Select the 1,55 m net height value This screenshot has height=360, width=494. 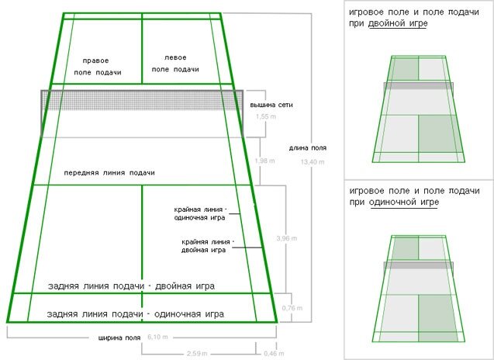[x=266, y=116]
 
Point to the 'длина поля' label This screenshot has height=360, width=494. [x=308, y=148]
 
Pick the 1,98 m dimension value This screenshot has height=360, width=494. [x=266, y=160]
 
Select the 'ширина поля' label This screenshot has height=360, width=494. [x=119, y=337]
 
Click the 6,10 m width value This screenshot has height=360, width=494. [x=158, y=337]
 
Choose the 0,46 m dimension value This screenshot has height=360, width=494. [x=274, y=353]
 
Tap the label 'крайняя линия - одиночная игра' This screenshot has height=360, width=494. [x=200, y=214]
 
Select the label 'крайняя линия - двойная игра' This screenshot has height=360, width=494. [x=204, y=246]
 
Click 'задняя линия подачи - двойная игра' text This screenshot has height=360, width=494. [x=130, y=286]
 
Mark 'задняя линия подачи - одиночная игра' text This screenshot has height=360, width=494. [x=135, y=314]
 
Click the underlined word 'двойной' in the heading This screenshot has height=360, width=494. [x=406, y=24]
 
